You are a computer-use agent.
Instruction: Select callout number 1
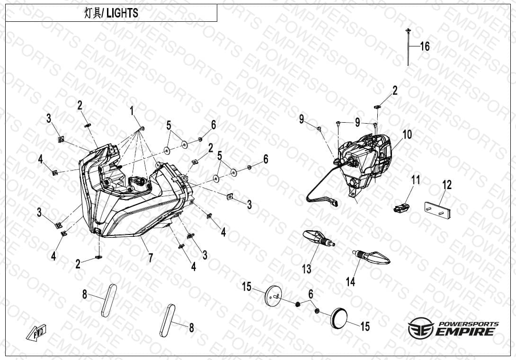click(x=132, y=111)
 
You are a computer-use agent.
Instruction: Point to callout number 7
click(x=151, y=258)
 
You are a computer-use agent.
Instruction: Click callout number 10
click(x=407, y=135)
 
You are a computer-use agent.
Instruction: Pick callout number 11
click(x=416, y=180)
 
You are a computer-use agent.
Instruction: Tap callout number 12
click(x=447, y=185)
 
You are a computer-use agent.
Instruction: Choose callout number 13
click(x=307, y=269)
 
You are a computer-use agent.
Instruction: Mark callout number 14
click(x=350, y=282)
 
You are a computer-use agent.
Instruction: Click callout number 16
click(x=425, y=46)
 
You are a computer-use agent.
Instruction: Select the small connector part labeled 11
click(x=401, y=207)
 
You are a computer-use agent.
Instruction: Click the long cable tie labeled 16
click(x=408, y=47)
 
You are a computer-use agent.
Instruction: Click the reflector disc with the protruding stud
click(x=273, y=295)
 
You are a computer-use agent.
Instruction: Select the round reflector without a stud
click(x=338, y=318)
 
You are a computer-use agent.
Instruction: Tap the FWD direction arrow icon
click(x=36, y=332)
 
